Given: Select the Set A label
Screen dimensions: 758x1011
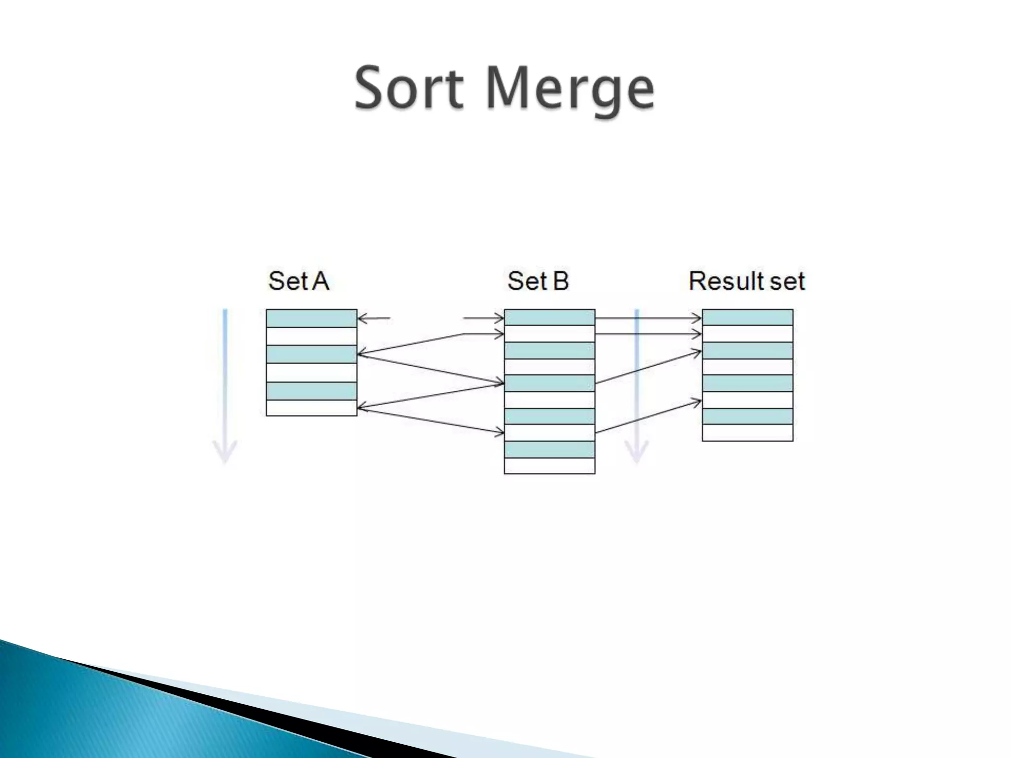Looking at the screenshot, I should [x=298, y=281].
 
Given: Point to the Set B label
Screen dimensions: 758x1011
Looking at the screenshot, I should [x=538, y=281].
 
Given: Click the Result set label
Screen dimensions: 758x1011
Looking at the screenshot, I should [x=746, y=281].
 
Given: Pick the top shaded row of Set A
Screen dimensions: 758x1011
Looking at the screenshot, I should [x=311, y=318].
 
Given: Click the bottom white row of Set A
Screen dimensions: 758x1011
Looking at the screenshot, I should [x=311, y=408].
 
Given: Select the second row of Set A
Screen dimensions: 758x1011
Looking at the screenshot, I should [x=311, y=336].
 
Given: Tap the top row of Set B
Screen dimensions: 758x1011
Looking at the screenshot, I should [x=549, y=317].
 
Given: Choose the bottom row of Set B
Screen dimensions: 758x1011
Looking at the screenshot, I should [x=549, y=466].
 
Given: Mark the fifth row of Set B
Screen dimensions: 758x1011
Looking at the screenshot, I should [x=549, y=383].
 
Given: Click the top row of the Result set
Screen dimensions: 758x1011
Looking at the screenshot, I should [x=747, y=317].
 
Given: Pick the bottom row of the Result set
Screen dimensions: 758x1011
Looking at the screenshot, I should [x=747, y=433].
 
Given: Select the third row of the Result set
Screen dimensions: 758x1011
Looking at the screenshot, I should [x=747, y=351].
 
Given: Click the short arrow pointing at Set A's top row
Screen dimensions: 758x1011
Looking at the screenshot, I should [x=374, y=318].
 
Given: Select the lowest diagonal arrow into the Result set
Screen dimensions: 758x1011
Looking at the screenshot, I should [x=648, y=417].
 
